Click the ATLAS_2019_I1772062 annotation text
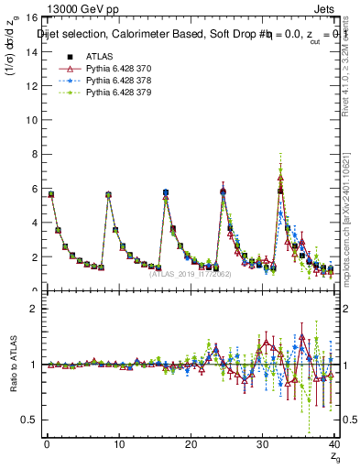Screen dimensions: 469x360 [x=190, y=274]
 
